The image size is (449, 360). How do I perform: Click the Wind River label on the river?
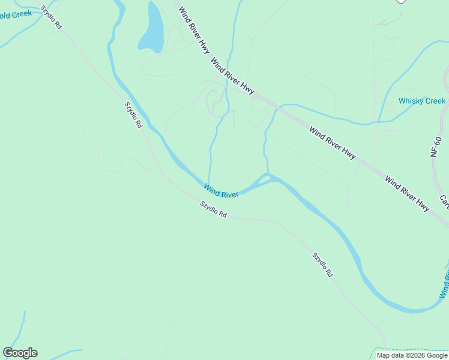click(221, 191)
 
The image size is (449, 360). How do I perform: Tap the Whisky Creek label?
click(422, 101)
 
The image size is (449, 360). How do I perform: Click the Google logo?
click(20, 353)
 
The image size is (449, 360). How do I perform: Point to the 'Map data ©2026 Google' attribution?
click(412, 355)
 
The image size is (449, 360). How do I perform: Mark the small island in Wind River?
click(264, 179)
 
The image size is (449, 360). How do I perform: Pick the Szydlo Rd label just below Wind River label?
click(214, 209)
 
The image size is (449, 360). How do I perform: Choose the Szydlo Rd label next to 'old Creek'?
click(51, 18)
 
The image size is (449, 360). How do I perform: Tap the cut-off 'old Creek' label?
click(16, 14)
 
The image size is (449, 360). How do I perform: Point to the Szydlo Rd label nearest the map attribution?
click(322, 264)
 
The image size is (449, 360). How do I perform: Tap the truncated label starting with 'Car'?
click(444, 202)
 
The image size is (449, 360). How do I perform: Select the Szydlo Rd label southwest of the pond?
click(133, 115)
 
